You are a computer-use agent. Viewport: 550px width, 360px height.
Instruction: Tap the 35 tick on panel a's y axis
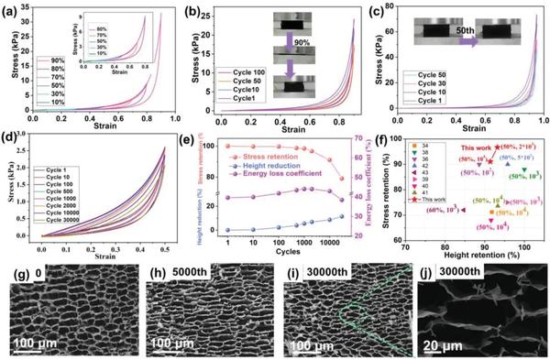point(25,12)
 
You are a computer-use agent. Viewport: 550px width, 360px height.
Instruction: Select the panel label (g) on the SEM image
point(16,274)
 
